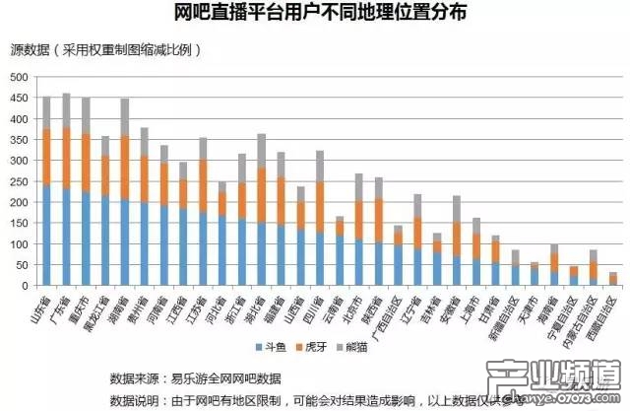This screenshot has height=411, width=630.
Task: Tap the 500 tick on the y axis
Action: point(20,77)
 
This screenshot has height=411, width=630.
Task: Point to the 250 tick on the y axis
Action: point(20,181)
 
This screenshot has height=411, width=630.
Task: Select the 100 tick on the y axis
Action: point(20,244)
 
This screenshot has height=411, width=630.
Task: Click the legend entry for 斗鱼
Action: point(272,348)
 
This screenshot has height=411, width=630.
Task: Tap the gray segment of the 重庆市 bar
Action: point(85,115)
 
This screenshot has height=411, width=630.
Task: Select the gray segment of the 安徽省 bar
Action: point(456,209)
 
